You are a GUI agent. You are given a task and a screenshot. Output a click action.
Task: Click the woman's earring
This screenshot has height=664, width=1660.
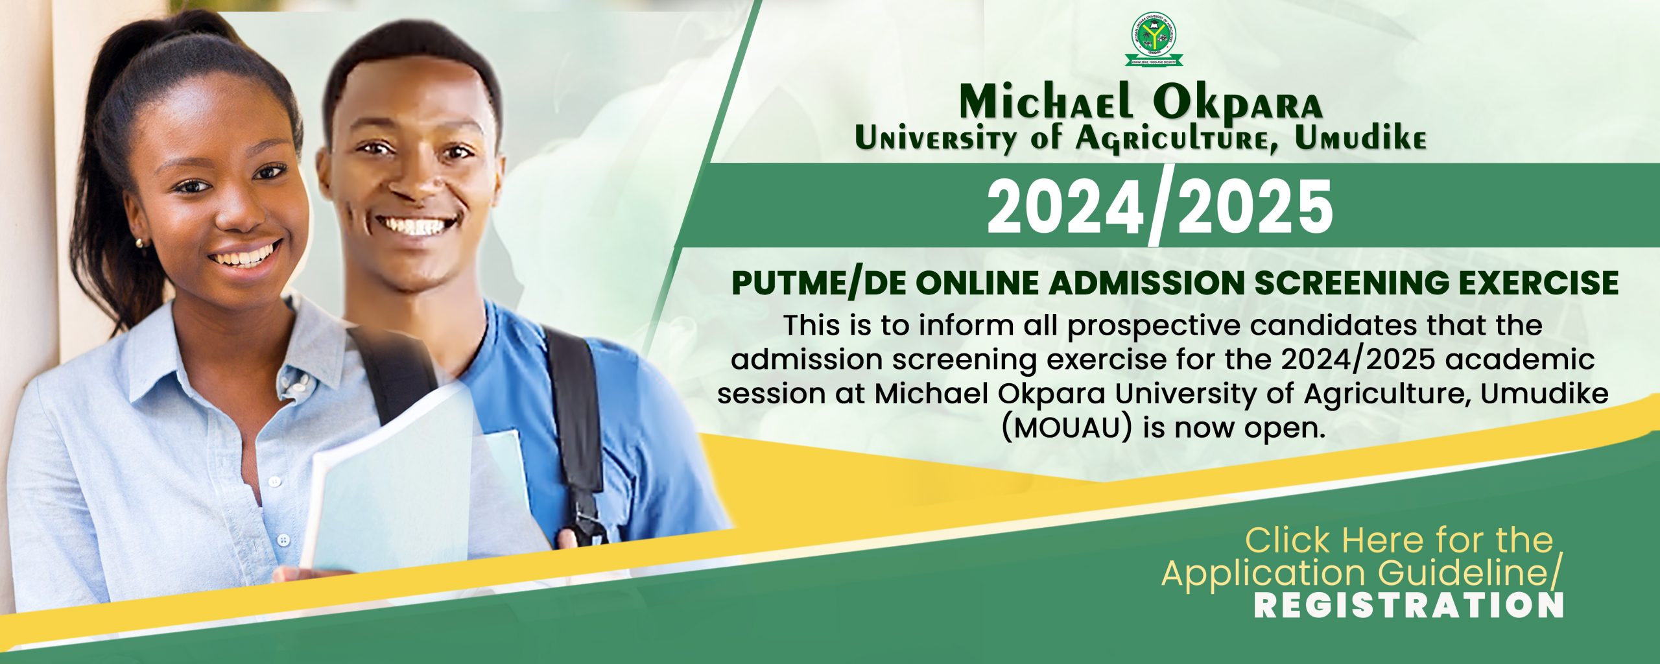(139, 243)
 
